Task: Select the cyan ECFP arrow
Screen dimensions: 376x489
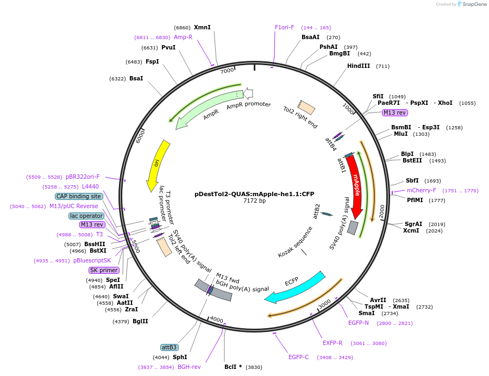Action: point(296,287)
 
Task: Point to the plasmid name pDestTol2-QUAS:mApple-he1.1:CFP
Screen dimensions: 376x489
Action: point(254,194)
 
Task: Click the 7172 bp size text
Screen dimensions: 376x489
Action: point(254,201)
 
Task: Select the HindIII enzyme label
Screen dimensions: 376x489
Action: point(359,66)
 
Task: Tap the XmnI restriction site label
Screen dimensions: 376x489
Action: point(202,27)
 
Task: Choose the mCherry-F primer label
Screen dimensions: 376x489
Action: point(422,190)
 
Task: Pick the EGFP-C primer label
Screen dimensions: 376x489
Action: point(298,357)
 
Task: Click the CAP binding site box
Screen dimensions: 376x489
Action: point(78,196)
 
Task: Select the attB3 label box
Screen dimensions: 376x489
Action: point(169,347)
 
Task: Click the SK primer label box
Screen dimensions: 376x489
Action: point(104,270)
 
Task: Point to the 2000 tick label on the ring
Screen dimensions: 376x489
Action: point(381,212)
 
